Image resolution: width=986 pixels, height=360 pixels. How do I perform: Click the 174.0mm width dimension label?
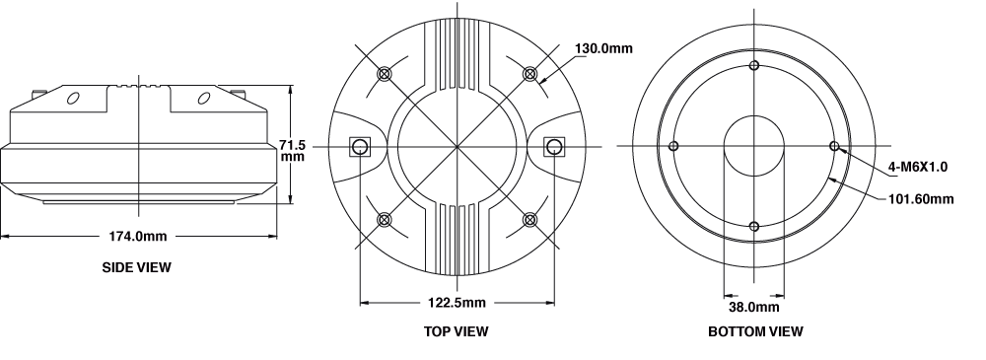pyautogui.click(x=138, y=236)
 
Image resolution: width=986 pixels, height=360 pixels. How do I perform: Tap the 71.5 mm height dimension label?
pyautogui.click(x=293, y=151)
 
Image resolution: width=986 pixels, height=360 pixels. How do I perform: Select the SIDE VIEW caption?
pyautogui.click(x=136, y=267)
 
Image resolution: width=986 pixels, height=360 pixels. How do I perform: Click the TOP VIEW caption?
pyautogui.click(x=456, y=331)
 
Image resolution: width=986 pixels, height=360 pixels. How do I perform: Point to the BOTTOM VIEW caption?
pyautogui.click(x=755, y=331)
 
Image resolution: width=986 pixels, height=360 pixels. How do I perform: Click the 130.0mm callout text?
pyautogui.click(x=603, y=48)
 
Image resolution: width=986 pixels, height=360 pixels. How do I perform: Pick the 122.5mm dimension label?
pyautogui.click(x=458, y=303)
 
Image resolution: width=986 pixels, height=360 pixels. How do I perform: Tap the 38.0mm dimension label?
pyautogui.click(x=754, y=307)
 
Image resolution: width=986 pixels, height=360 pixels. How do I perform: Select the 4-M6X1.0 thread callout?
pyautogui.click(x=917, y=167)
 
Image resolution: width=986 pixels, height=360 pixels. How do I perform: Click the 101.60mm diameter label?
pyautogui.click(x=921, y=199)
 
